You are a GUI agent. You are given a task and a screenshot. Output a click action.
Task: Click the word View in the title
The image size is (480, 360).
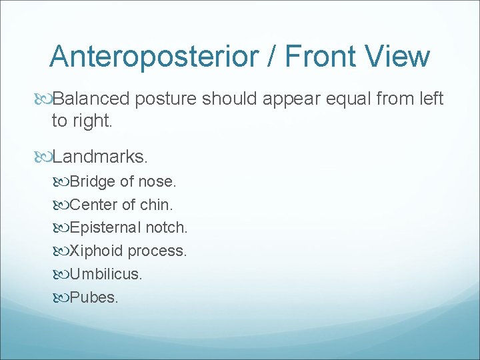tap(401, 57)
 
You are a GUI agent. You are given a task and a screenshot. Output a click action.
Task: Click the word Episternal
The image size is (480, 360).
tap(104, 228)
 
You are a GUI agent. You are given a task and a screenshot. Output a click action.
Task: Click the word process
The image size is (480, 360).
tap(157, 251)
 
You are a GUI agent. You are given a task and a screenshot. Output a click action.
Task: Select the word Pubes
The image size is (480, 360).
tap(93, 297)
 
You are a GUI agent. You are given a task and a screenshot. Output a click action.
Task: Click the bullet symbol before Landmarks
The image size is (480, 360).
tap(45, 157)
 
